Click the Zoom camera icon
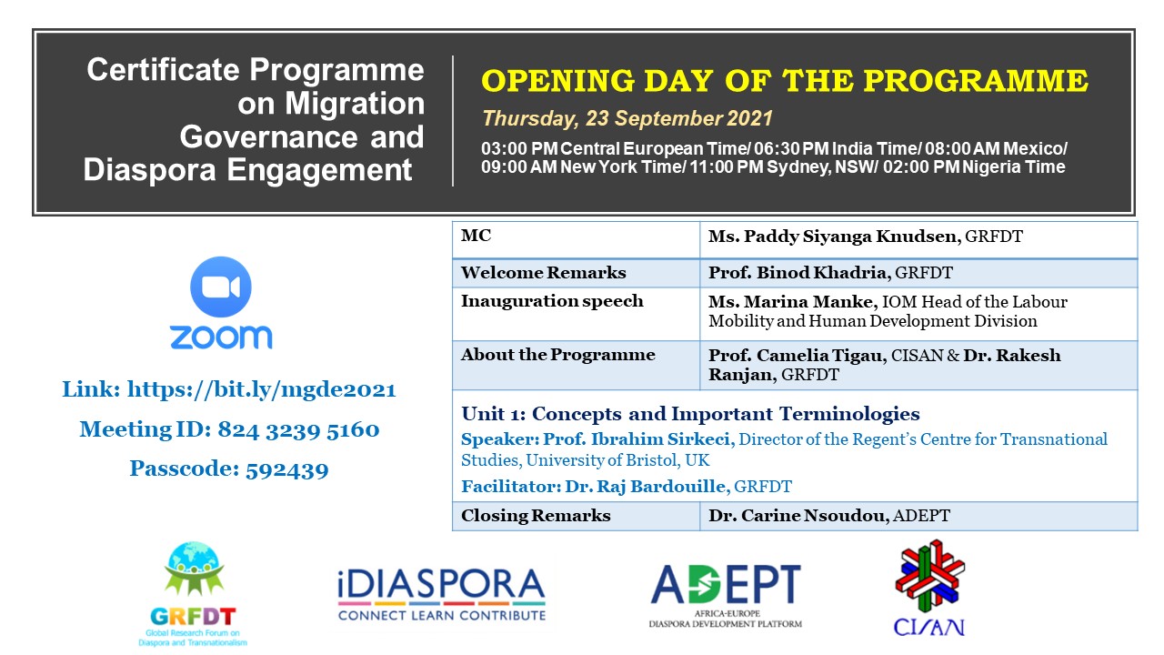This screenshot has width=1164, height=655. (x=221, y=287)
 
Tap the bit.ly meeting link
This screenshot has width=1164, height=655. (x=261, y=389)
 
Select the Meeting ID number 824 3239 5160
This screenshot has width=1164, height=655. (x=298, y=430)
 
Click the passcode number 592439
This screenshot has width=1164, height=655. (x=286, y=469)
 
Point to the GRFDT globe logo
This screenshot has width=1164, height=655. (x=194, y=594)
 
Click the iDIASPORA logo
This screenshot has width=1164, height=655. (x=442, y=594)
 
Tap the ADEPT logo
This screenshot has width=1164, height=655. (x=726, y=596)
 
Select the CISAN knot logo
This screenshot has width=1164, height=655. (x=929, y=588)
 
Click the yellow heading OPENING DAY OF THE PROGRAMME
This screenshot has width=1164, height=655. (x=785, y=81)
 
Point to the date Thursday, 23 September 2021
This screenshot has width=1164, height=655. (x=627, y=118)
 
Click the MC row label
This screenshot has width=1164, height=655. (x=476, y=236)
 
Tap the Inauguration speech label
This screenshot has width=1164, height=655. (x=552, y=301)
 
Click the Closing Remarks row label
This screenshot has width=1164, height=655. (x=536, y=515)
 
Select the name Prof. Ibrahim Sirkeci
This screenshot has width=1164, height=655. (x=638, y=439)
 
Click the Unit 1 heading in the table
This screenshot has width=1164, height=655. (x=690, y=414)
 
